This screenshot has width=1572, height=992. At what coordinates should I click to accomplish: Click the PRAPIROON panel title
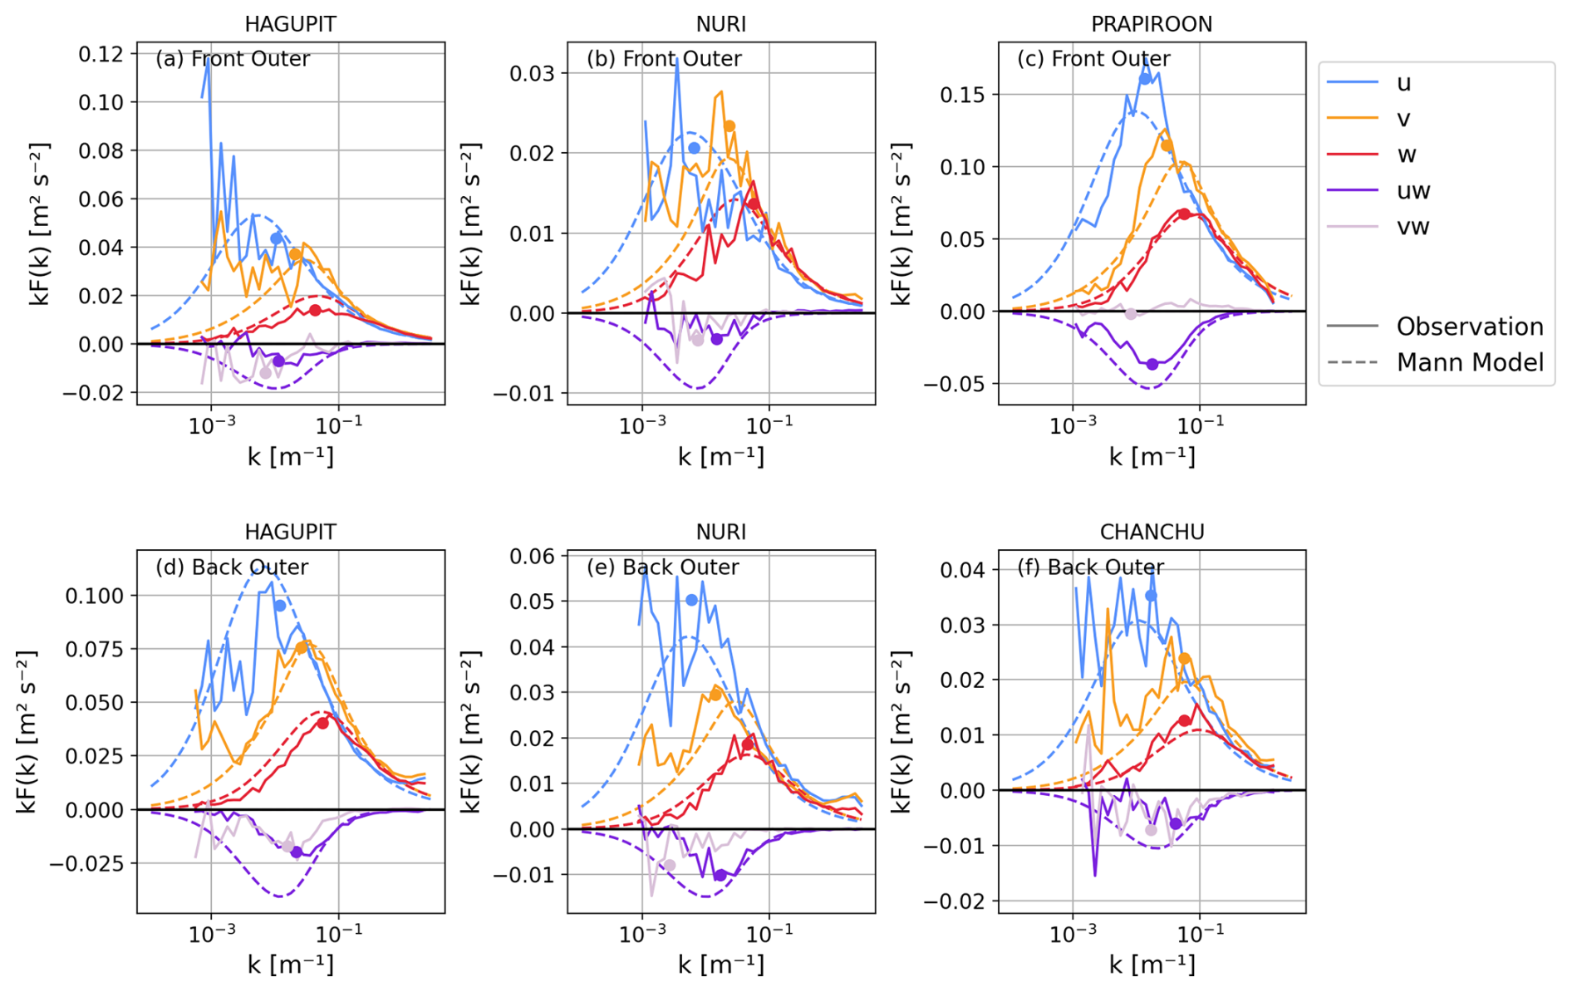coord(1151,24)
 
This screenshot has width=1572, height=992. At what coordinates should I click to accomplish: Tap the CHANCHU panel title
coord(1152,532)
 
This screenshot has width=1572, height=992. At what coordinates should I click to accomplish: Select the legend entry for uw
coord(1412,191)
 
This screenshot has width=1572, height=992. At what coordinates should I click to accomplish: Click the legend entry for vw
coord(1412,227)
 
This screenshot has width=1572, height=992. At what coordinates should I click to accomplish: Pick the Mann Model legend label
coord(1469,362)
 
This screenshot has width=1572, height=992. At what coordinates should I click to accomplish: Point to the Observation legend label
coord(1469,327)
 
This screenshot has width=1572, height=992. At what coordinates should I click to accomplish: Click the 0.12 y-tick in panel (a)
coord(101,54)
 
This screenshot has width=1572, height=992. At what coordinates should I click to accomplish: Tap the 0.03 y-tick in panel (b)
coord(532,73)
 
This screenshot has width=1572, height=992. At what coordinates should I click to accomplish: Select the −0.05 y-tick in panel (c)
coord(957,384)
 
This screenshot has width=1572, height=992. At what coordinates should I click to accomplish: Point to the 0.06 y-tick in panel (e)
coord(532,556)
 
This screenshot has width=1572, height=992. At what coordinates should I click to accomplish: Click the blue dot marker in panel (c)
coord(1145,79)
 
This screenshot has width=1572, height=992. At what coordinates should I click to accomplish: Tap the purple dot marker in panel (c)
coord(1152,364)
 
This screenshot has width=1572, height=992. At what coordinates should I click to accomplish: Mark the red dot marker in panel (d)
coord(322,723)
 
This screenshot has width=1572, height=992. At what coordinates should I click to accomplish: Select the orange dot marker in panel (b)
coord(730,127)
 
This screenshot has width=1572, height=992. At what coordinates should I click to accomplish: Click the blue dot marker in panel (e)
coord(691,600)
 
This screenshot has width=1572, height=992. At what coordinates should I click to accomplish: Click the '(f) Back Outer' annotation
coord(1090,567)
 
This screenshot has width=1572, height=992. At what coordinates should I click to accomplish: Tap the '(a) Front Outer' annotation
coord(233,59)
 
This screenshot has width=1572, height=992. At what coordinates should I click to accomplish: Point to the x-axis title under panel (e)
coord(720,965)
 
